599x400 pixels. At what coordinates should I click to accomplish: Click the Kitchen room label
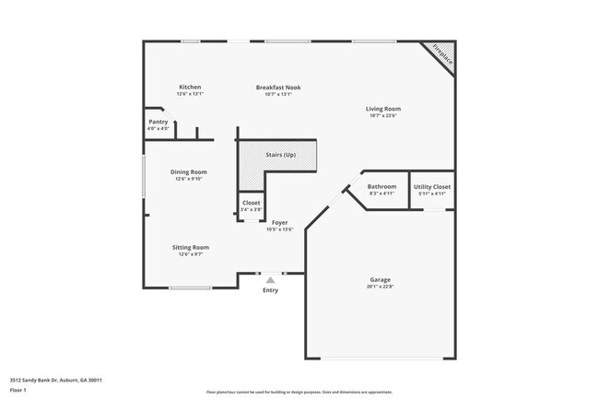click(190, 88)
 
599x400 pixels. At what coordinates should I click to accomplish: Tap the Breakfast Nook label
click(277, 88)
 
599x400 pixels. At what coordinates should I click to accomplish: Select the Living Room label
click(383, 109)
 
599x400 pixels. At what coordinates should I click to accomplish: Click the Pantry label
click(158, 122)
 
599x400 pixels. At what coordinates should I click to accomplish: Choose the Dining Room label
click(188, 172)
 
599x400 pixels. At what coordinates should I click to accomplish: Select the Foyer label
click(279, 223)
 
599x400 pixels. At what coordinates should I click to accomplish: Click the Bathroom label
click(382, 187)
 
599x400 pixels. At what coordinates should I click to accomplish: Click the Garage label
click(381, 279)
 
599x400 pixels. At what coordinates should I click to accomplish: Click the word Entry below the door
click(270, 290)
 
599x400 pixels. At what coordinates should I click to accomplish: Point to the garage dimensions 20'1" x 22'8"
click(381, 287)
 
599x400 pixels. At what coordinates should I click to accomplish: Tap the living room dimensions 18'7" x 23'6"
click(383, 116)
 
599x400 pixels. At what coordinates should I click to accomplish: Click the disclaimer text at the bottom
click(299, 392)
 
